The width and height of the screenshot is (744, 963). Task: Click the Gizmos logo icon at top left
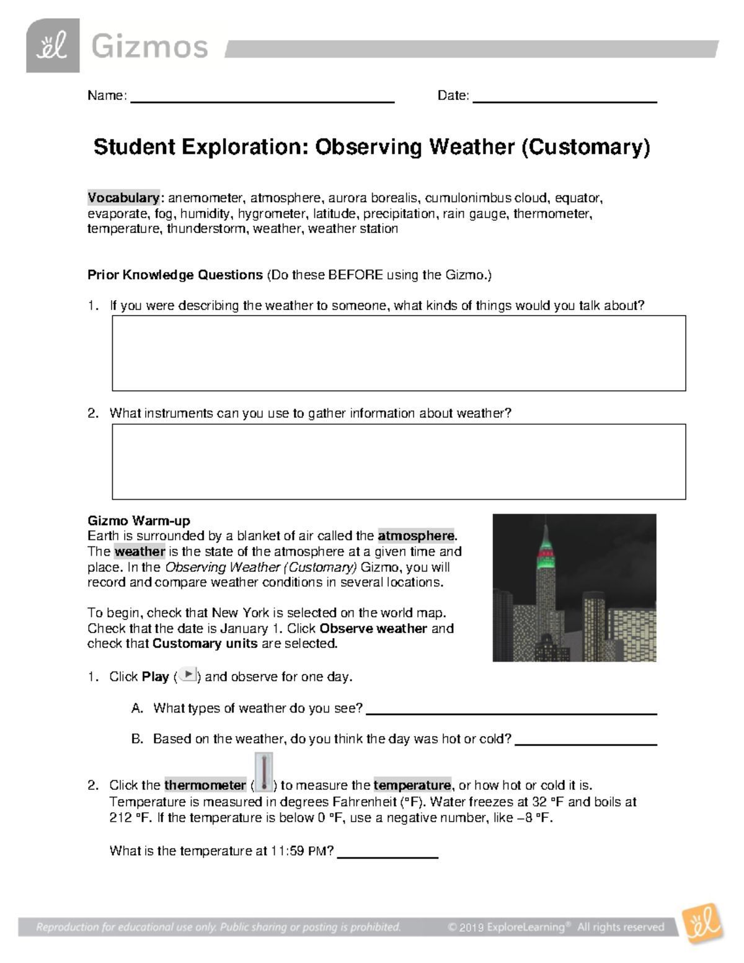(53, 46)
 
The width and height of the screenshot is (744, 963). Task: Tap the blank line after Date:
(564, 100)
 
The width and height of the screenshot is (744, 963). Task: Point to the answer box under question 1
(399, 353)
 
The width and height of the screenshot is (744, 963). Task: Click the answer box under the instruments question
(399, 461)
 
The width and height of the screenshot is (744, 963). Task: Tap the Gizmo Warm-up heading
(139, 521)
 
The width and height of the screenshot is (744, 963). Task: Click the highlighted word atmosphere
(416, 536)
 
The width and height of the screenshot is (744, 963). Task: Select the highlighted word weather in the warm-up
(139, 551)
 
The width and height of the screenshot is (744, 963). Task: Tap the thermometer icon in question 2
(263, 773)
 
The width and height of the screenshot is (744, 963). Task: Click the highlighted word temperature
(412, 786)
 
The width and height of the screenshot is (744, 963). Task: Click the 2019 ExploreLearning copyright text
(556, 928)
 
